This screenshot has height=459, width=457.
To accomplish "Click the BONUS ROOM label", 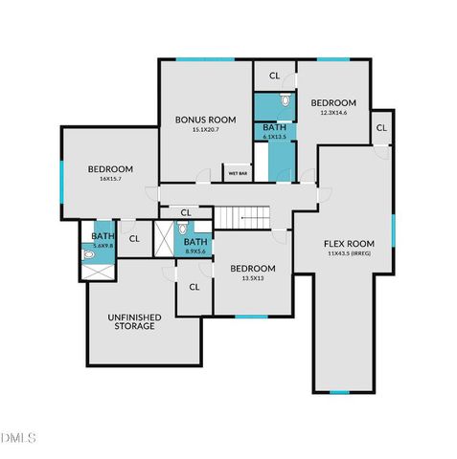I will (x=198, y=120).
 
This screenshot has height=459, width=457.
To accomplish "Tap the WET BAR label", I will (x=237, y=174).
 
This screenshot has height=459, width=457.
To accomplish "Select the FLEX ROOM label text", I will (x=347, y=243).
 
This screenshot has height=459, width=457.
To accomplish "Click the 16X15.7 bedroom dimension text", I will (x=110, y=180).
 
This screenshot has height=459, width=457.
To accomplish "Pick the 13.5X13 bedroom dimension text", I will (x=252, y=279).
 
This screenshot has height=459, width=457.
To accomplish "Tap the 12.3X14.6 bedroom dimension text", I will (x=332, y=114).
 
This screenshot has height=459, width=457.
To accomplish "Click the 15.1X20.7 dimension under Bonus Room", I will (x=198, y=130).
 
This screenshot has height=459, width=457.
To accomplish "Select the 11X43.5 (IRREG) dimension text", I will (x=347, y=254).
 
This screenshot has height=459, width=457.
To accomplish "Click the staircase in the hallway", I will (x=241, y=218).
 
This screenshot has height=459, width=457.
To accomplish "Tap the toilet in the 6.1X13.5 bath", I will (x=285, y=100).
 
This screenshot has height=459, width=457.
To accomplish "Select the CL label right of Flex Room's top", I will (x=381, y=128).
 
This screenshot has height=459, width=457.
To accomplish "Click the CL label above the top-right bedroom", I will (x=275, y=76).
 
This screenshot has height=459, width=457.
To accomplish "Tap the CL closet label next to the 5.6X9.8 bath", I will (x=134, y=239).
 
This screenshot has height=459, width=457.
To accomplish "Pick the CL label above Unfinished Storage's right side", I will (x=194, y=286).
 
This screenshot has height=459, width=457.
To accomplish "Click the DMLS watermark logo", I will (x=19, y=438).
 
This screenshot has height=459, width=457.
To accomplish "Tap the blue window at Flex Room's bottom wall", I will (x=340, y=392).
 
